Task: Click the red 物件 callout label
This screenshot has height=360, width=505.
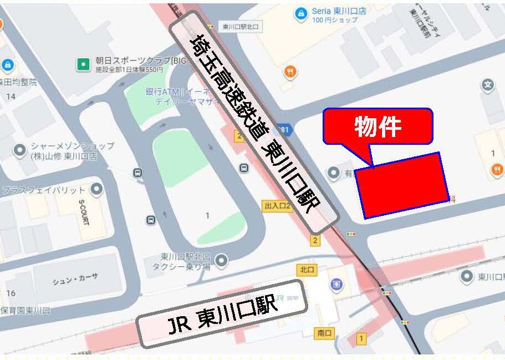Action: point(378,126)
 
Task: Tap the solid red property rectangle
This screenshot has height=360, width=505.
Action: point(402,185)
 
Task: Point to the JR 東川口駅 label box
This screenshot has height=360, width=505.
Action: point(222,314)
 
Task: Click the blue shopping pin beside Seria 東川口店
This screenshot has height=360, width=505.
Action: point(301,13)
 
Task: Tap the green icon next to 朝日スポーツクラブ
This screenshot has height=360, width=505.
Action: point(83,64)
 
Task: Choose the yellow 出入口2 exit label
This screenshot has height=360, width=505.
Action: point(277,206)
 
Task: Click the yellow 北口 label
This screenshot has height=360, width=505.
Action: point(307,270)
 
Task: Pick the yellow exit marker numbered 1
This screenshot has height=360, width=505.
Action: point(361,337)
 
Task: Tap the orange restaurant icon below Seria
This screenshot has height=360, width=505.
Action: point(289,72)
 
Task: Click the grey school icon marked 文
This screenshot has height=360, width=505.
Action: point(488,85)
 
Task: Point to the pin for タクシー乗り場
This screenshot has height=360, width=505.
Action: point(222,260)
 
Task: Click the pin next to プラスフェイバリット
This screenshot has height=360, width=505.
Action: point(97,190)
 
